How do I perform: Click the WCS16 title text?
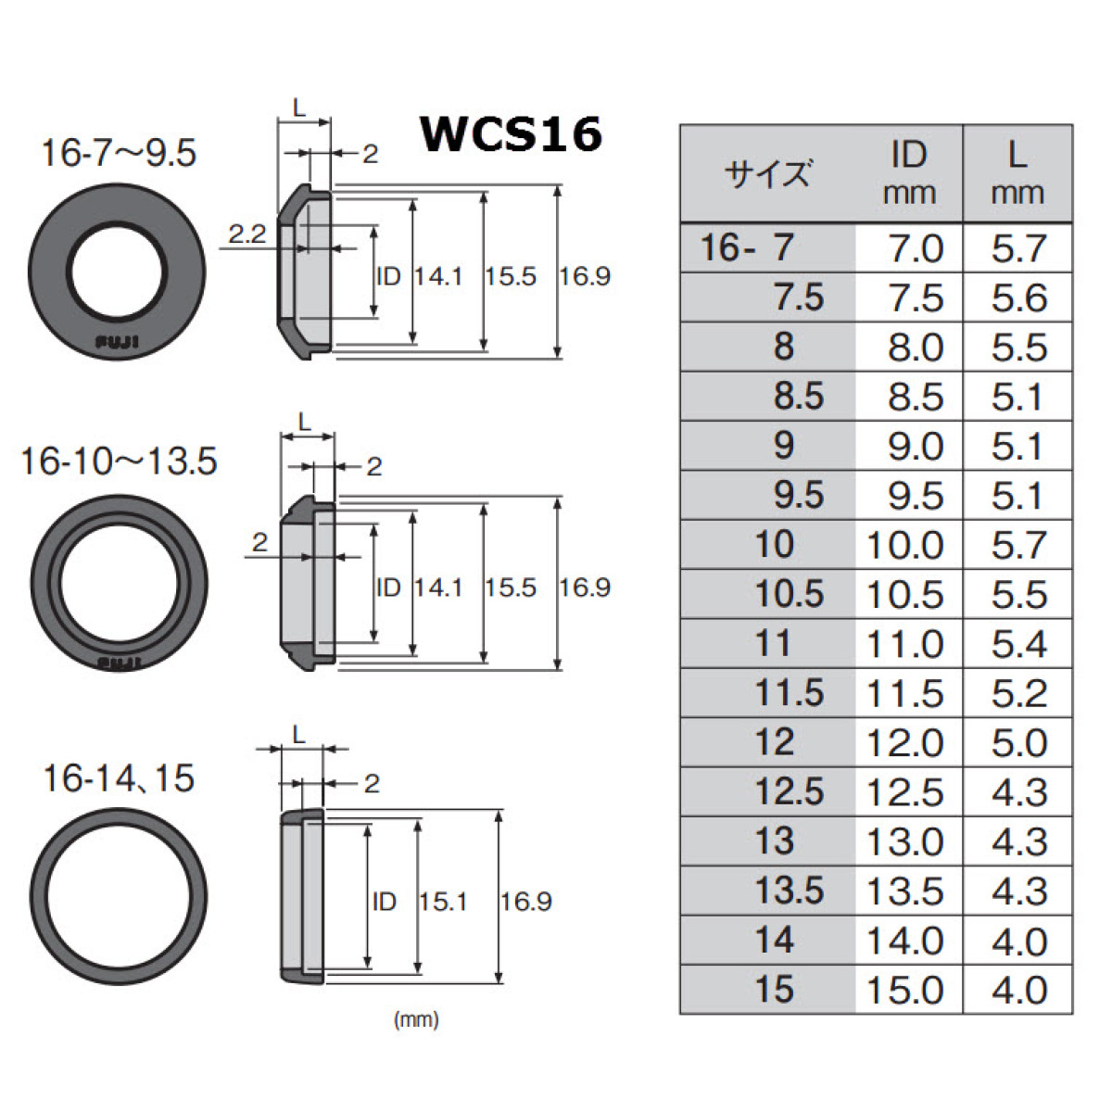(x=512, y=134)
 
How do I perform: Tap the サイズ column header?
(x=768, y=174)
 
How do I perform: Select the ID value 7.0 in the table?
(x=915, y=248)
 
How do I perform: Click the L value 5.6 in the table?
(x=1018, y=297)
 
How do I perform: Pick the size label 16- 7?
(x=747, y=248)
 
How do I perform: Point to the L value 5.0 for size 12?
(x=1018, y=743)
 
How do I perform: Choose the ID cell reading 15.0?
(x=904, y=990)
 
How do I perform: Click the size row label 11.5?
(x=790, y=693)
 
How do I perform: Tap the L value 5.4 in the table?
(x=1018, y=644)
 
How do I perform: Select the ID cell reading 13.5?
(x=904, y=891)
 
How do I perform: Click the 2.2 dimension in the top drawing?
(x=246, y=234)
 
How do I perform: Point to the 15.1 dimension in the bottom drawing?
(x=442, y=901)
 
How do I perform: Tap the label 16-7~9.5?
(x=119, y=153)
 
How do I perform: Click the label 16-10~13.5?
(x=119, y=461)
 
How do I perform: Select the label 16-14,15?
(x=119, y=778)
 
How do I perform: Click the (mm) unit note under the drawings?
(x=416, y=1020)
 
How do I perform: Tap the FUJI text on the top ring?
(x=118, y=343)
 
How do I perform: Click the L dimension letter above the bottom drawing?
(x=299, y=734)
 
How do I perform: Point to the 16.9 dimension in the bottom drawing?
(x=525, y=901)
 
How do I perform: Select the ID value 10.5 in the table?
(x=904, y=595)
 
